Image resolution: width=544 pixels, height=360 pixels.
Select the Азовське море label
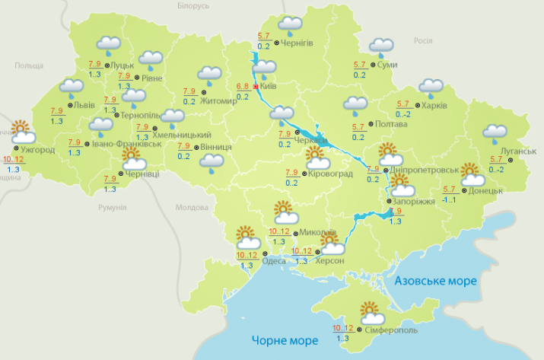[436, 282]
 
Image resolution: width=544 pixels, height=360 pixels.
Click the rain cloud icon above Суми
[380, 48]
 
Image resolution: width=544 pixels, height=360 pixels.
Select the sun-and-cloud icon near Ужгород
[21, 131]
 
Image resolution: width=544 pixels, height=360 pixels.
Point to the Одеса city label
[274, 260]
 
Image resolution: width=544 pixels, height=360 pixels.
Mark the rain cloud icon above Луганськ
[495, 134]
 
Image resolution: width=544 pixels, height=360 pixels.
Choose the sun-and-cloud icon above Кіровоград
[317, 158]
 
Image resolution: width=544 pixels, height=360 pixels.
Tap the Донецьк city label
[488, 190]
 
